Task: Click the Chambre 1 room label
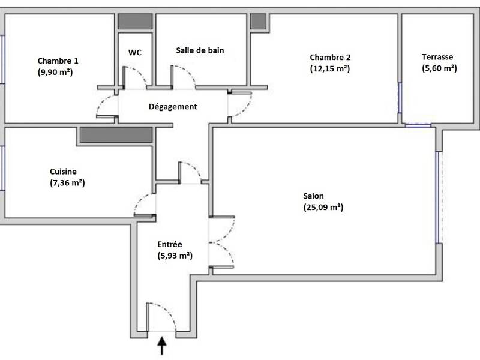pyautogui.click(x=58, y=61)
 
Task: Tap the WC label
pyautogui.click(x=135, y=52)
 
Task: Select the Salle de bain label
pyautogui.click(x=200, y=50)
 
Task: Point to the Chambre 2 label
pyautogui.click(x=330, y=58)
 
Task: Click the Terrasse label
pyautogui.click(x=437, y=57)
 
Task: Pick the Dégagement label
pyautogui.click(x=173, y=107)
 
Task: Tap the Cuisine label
pyautogui.click(x=64, y=171)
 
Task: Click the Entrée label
pyautogui.click(x=170, y=244)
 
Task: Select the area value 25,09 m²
pyautogui.click(x=323, y=208)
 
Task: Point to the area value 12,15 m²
pyautogui.click(x=330, y=69)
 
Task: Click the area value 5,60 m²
pyautogui.click(x=439, y=68)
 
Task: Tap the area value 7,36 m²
pyautogui.click(x=68, y=182)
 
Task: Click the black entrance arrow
pyautogui.click(x=161, y=346)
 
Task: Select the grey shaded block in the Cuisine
pyautogui.click(x=117, y=134)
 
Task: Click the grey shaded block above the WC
pyautogui.click(x=134, y=20)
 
